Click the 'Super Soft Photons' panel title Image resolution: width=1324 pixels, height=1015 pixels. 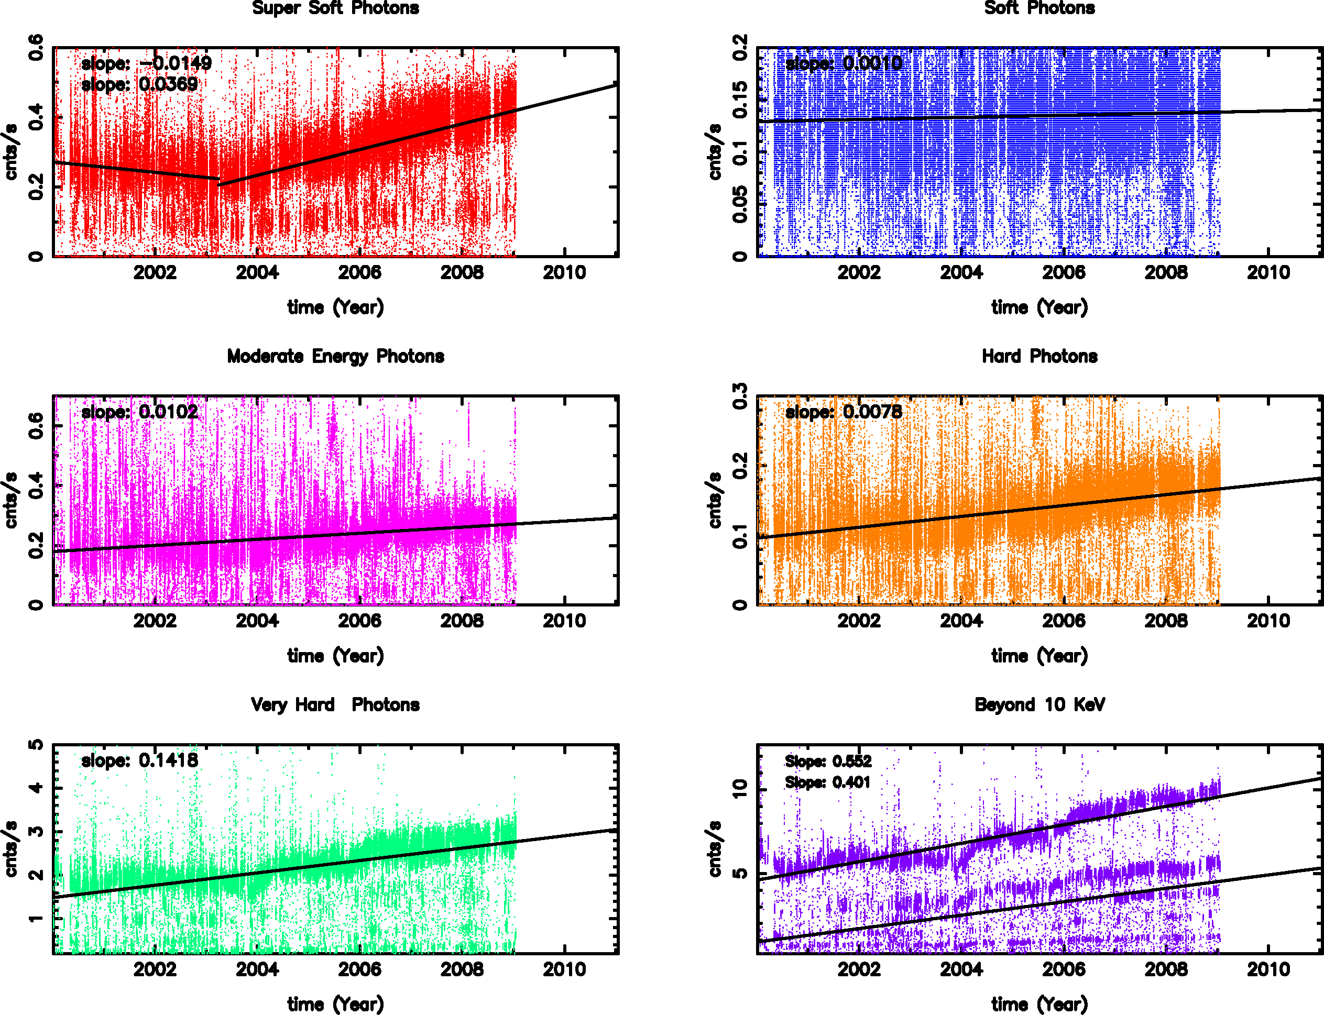335,8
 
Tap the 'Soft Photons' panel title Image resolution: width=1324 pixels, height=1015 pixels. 1039,8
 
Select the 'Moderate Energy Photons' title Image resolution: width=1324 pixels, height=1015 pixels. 335,357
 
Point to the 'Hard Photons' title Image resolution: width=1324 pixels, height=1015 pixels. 1039,357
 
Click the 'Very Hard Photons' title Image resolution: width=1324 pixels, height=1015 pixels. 335,705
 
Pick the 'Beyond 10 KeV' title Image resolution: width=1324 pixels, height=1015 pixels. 1039,705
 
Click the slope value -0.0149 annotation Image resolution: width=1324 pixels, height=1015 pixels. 147,63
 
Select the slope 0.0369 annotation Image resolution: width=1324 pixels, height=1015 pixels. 139,85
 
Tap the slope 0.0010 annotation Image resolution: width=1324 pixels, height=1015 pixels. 844,63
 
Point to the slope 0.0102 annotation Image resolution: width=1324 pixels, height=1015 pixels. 139,412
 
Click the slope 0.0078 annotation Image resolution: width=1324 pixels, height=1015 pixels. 844,412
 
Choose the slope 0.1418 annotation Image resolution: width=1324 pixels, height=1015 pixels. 139,760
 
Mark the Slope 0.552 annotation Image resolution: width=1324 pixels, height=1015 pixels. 828,762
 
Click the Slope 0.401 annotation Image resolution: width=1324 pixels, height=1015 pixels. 828,782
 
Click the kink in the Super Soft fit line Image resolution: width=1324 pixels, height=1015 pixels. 219,180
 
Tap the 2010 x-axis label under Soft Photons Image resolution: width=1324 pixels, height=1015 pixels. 1268,273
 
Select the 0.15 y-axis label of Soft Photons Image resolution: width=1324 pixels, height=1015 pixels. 740,100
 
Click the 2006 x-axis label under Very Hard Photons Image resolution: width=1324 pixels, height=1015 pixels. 359,969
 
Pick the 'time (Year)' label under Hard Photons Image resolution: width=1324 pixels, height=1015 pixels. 1039,656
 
